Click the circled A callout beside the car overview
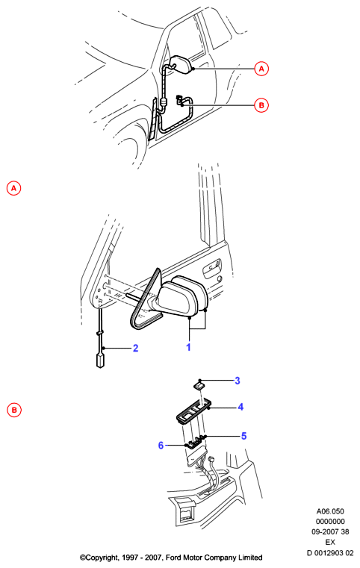click(x=261, y=69)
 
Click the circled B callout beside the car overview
click(x=261, y=105)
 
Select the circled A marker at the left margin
click(x=13, y=188)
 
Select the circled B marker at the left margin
click(x=14, y=410)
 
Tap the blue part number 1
click(x=188, y=347)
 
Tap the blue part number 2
click(x=136, y=348)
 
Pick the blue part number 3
click(x=238, y=381)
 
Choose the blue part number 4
click(x=240, y=408)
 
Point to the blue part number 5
click(x=244, y=436)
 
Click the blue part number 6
click(x=161, y=445)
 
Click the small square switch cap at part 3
click(x=198, y=385)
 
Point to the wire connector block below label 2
click(x=99, y=361)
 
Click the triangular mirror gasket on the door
click(x=146, y=301)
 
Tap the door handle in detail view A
click(x=211, y=268)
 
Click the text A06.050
click(x=330, y=511)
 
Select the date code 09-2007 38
click(x=330, y=531)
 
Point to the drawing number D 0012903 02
click(x=330, y=553)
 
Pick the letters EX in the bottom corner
click(x=330, y=543)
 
